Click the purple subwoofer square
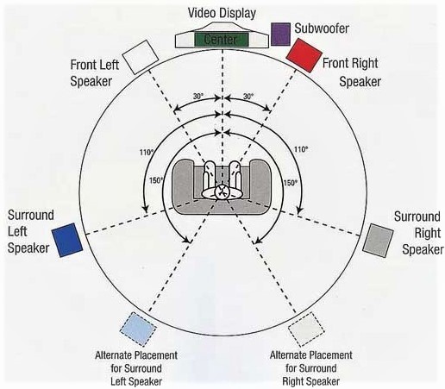point(280,35)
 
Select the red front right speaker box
point(304,55)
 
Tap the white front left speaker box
point(141,57)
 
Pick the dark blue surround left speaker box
point(67,240)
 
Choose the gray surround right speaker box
point(378,241)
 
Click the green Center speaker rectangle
point(222,40)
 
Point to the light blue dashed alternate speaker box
point(138,329)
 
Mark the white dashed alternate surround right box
point(306,329)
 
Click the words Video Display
point(222,13)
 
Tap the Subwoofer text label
point(322,28)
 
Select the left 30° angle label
point(197,96)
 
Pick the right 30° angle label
point(248,96)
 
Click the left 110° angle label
point(147,152)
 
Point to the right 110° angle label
point(301,149)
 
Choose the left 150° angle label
point(156,180)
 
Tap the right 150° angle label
point(291,182)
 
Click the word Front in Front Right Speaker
point(335,63)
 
